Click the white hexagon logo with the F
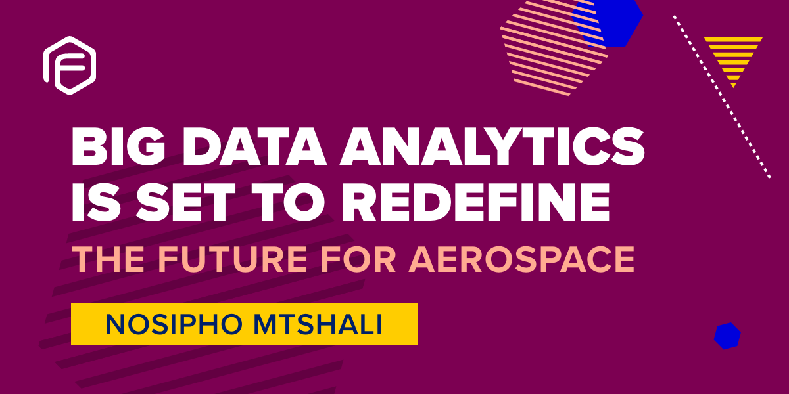70,64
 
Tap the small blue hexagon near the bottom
727,336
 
